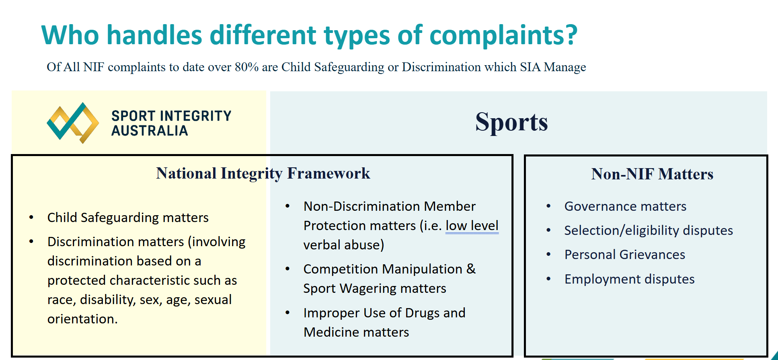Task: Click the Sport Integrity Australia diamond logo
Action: tap(73, 123)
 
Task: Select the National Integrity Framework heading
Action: tap(263, 174)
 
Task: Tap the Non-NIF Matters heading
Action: tap(652, 174)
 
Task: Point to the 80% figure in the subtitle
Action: tap(246, 67)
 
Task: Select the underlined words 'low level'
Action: tap(472, 226)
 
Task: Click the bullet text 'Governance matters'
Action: tap(625, 206)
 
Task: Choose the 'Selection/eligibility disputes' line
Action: tap(649, 230)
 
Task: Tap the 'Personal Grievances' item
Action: tap(625, 255)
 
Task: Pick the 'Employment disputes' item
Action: tap(629, 279)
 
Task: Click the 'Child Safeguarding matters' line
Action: tap(128, 218)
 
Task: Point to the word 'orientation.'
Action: tap(82, 319)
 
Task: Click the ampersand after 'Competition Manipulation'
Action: tap(471, 269)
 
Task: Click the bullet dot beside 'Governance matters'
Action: tap(548, 206)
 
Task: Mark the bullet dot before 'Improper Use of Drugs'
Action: tap(287, 313)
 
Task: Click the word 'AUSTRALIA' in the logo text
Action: tap(150, 131)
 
